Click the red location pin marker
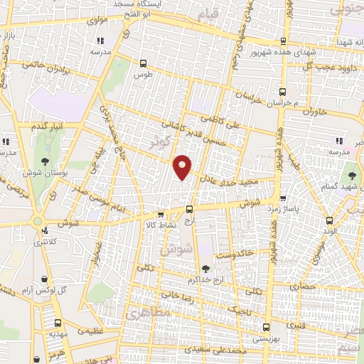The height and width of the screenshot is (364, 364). click(x=183, y=167)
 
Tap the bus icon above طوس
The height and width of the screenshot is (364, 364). click(x=144, y=62)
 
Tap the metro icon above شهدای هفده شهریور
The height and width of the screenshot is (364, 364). click(x=283, y=41)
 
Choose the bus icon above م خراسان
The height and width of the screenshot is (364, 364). click(x=283, y=92)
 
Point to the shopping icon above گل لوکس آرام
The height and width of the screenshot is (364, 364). click(x=46, y=279)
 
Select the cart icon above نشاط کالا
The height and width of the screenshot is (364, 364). click(x=161, y=215)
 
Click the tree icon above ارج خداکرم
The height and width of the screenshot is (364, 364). click(x=205, y=268)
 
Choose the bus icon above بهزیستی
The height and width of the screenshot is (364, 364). click(x=266, y=328)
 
